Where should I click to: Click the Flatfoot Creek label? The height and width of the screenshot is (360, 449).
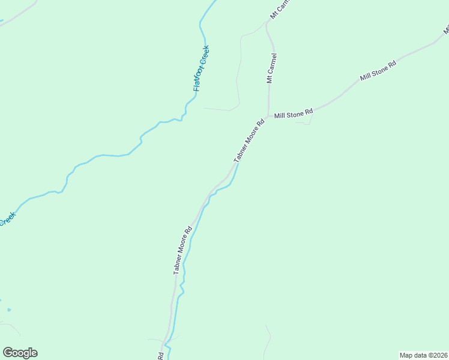[201, 68]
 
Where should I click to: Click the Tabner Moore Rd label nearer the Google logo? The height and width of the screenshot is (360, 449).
[182, 250]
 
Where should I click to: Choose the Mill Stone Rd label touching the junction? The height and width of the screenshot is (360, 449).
[294, 113]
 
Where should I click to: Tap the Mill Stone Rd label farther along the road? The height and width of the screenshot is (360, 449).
[378, 71]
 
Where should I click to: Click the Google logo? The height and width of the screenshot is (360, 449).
[20, 353]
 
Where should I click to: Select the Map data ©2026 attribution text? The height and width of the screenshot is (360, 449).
[424, 355]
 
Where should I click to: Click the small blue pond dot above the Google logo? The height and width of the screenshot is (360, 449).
[10, 310]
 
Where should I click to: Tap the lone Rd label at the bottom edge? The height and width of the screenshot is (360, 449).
[161, 356]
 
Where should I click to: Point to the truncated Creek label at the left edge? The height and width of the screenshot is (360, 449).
[6, 220]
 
